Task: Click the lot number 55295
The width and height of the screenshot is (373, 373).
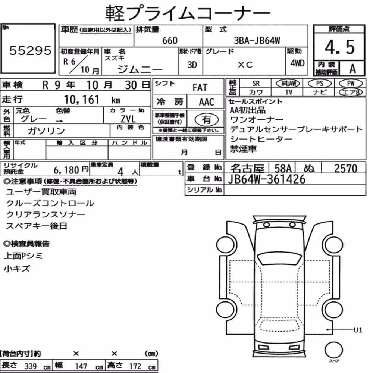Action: click(x=30, y=50)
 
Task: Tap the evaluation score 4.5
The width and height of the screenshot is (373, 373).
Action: click(x=339, y=47)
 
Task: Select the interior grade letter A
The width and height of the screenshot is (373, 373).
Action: click(x=352, y=69)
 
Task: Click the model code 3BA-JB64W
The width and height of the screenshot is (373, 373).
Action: click(x=257, y=40)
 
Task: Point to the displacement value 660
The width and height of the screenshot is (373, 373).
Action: click(x=170, y=40)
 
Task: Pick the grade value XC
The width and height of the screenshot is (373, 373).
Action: click(x=245, y=65)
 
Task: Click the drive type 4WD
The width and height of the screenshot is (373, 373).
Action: click(x=297, y=63)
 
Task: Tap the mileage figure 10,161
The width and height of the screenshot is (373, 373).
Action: click(x=82, y=100)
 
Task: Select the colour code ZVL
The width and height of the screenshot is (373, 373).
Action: click(x=128, y=119)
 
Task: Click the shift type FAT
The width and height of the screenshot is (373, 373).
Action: click(x=200, y=88)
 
